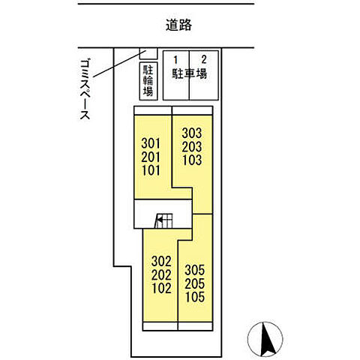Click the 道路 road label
tap(180, 25)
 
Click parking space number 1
tap(176, 58)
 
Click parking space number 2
tap(203, 58)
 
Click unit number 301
tap(151, 142)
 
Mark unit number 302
tap(161, 262)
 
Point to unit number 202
tap(161, 274)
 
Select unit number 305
tap(195, 269)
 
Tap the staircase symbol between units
tap(163, 220)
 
